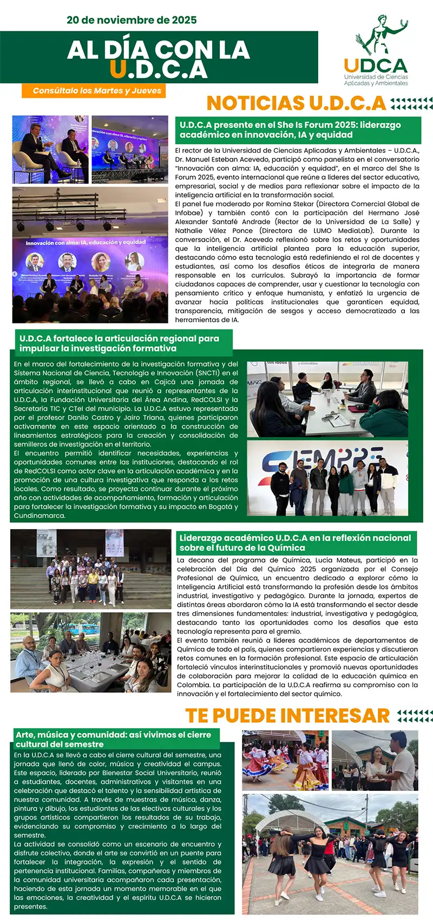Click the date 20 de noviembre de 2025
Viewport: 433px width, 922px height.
(132, 21)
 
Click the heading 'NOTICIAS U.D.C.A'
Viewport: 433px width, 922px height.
(296, 103)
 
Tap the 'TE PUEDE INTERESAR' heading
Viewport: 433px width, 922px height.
(287, 715)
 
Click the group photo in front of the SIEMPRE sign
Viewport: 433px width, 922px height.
(327, 478)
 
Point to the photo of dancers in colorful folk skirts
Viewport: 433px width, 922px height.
(285, 760)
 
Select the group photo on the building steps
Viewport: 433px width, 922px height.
(90, 569)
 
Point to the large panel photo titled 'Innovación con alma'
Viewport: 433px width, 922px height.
(90, 255)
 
